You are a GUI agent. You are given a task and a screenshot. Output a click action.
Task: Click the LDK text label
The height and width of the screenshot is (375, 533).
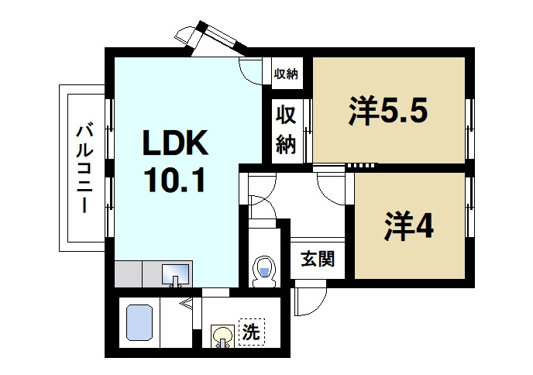(x=174, y=145)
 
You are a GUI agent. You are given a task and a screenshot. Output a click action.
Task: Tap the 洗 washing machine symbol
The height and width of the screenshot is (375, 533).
(x=251, y=333)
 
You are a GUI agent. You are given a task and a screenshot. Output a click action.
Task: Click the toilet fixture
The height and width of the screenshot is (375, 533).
(x=264, y=270)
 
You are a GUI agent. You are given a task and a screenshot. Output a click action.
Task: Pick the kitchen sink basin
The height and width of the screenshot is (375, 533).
(x=176, y=274)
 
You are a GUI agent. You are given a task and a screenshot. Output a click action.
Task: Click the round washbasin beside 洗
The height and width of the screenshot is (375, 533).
(x=223, y=336)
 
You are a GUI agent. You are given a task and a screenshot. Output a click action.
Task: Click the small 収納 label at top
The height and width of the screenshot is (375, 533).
(x=286, y=74)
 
